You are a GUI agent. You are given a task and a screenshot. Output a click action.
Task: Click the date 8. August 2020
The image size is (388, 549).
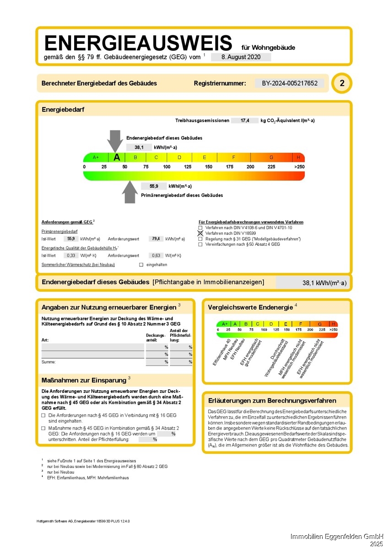[x=241, y=57]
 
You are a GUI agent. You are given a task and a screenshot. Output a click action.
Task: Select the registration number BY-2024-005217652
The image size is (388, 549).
[x=290, y=83]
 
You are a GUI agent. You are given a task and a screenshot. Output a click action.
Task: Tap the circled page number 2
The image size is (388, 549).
[x=342, y=83]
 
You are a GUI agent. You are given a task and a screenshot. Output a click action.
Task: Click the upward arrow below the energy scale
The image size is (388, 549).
[x=130, y=192]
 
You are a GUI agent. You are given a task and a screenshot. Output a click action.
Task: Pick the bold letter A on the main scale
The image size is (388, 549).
[x=117, y=157]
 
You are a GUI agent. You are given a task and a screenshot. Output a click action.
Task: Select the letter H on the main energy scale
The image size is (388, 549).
[x=298, y=157]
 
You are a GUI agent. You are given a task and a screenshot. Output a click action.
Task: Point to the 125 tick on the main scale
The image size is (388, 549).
[x=188, y=167]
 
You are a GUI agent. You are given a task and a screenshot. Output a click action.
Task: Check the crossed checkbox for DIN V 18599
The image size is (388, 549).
[x=200, y=233]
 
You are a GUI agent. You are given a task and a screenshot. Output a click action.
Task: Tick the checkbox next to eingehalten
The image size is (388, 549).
[x=141, y=264]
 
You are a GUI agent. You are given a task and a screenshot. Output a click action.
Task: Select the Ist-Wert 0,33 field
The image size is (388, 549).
[x=70, y=255]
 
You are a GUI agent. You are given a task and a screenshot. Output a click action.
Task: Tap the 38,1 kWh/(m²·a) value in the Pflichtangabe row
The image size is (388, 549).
[x=324, y=283]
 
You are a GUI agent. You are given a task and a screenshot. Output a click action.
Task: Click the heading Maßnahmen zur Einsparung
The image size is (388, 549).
[x=84, y=380]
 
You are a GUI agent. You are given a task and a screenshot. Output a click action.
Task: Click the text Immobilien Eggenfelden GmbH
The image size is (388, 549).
[x=338, y=536]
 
